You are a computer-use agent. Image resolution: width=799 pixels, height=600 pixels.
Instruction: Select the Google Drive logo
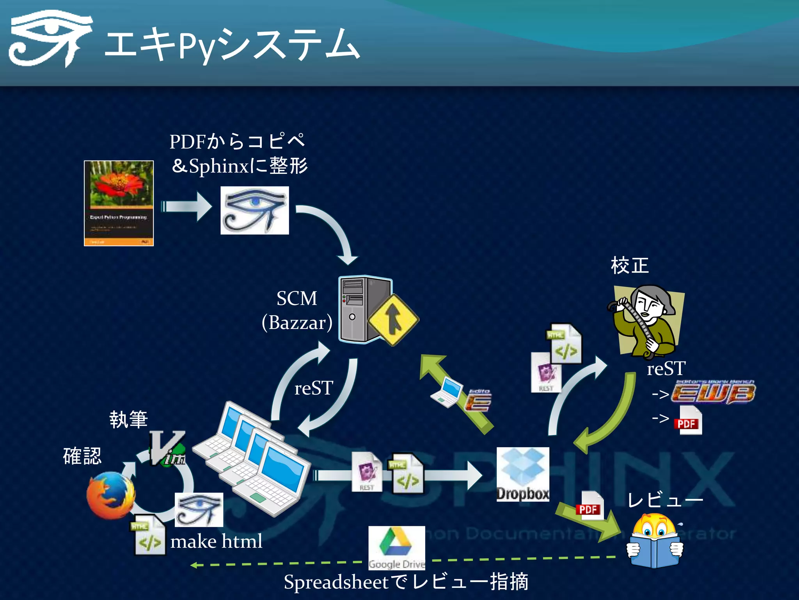click(x=396, y=547)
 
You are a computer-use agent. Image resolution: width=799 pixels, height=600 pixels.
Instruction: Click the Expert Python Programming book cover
click(x=119, y=203)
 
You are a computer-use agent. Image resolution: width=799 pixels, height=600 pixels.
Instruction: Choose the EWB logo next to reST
click(x=713, y=393)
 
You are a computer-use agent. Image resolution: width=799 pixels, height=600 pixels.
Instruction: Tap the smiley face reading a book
click(x=655, y=541)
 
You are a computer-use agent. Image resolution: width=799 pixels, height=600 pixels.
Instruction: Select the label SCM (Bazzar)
click(x=297, y=310)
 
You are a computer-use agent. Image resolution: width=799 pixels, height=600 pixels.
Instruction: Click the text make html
click(x=216, y=541)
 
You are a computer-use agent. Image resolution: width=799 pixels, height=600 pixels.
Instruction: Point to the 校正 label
click(x=630, y=266)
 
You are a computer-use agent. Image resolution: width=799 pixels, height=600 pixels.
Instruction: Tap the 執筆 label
click(x=128, y=420)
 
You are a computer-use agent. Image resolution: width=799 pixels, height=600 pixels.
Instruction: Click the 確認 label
click(x=82, y=456)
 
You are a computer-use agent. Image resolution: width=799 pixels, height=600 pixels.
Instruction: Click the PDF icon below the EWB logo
click(x=688, y=421)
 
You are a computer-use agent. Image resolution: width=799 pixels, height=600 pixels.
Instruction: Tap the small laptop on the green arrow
click(x=447, y=392)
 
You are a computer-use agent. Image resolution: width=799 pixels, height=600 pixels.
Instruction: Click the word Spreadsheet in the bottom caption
click(x=336, y=582)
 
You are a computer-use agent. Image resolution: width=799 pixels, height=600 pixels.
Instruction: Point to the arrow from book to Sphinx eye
click(x=186, y=206)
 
